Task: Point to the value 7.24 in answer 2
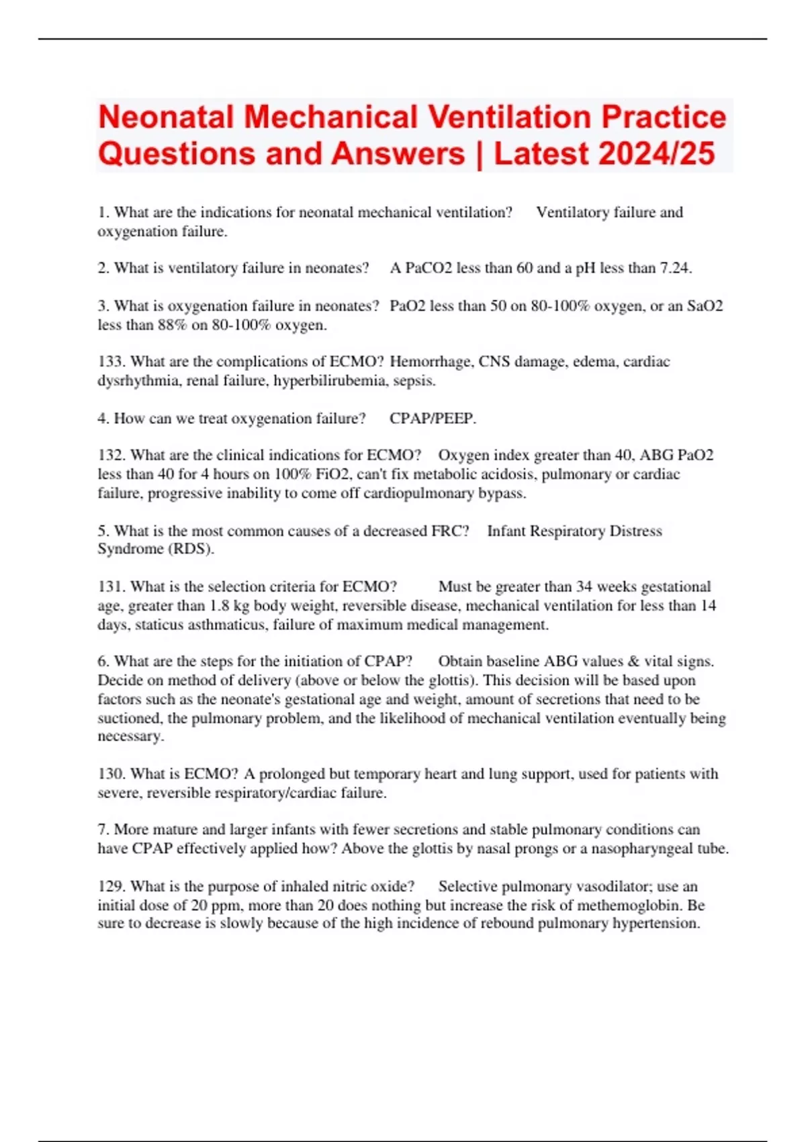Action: [675, 268]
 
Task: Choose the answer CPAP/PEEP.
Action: [433, 419]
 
